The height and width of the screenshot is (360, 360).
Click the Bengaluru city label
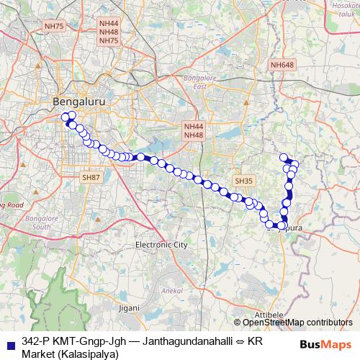tap(79, 102)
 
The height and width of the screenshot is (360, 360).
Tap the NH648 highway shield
tap(282, 66)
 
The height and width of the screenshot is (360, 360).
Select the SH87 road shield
tap(91, 176)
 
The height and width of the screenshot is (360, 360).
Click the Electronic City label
tap(161, 245)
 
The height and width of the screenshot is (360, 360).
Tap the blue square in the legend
tap(9, 341)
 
